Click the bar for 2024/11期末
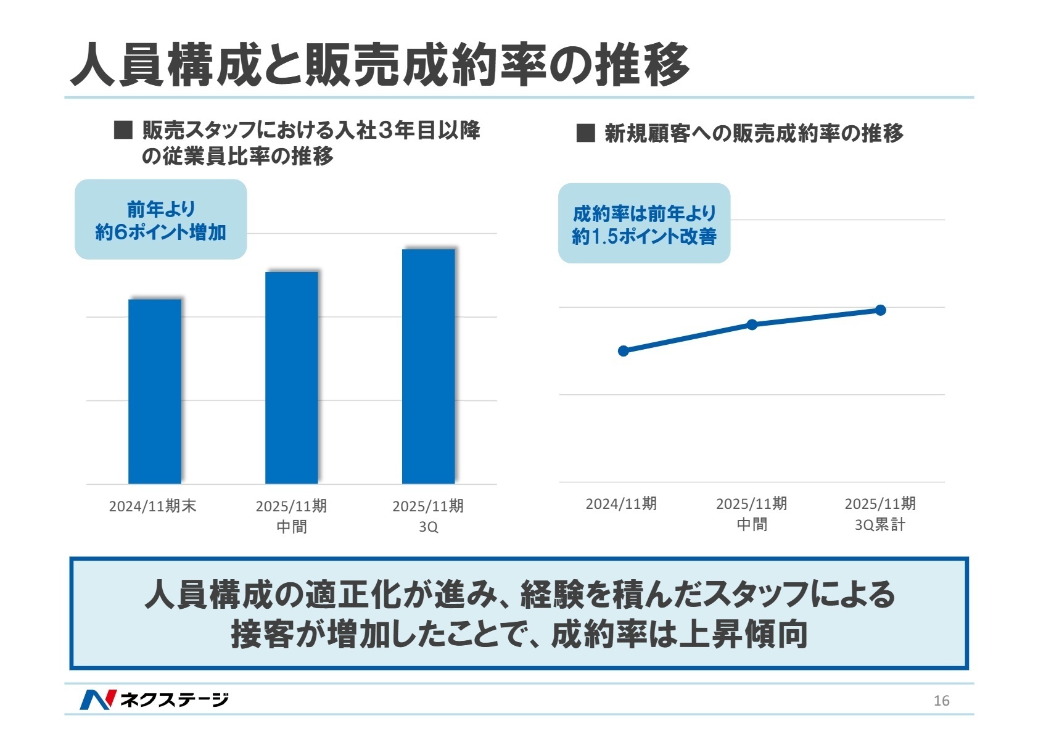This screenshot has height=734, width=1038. tap(155, 391)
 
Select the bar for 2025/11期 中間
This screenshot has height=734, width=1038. tap(292, 377)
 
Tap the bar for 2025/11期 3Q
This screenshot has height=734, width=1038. tap(429, 366)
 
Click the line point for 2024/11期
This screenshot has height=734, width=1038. tap(624, 351)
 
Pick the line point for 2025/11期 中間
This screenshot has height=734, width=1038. tap(752, 324)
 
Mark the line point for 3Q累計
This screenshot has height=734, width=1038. tap(881, 310)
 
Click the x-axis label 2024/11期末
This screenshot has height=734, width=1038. tap(152, 506)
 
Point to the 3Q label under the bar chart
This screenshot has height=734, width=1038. tap(429, 527)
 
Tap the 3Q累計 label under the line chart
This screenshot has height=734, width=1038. tap(880, 525)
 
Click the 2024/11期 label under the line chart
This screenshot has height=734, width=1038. tap(621, 504)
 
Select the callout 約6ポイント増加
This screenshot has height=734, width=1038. tap(161, 220)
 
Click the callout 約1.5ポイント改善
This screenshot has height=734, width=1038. tap(644, 224)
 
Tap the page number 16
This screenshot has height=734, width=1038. tap(941, 700)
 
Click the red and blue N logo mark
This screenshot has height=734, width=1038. tap(97, 699)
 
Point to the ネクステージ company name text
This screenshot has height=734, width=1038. tap(175, 699)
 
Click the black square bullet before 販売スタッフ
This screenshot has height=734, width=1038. tap(123, 131)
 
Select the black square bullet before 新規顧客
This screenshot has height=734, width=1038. tap(585, 133)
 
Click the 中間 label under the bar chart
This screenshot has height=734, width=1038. tap(292, 527)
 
